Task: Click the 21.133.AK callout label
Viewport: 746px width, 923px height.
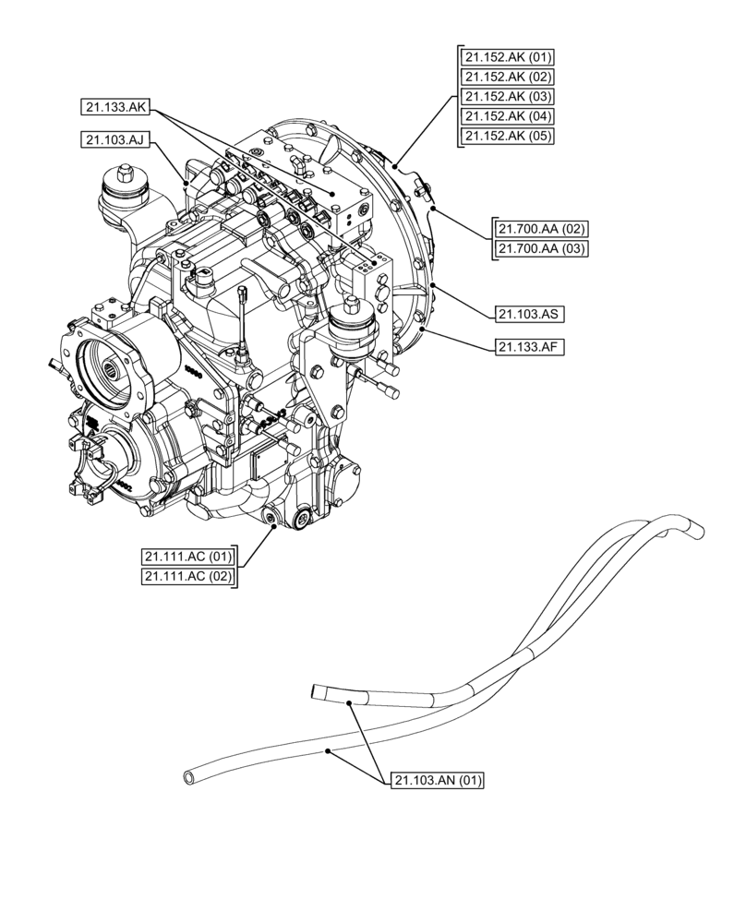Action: pyautogui.click(x=114, y=108)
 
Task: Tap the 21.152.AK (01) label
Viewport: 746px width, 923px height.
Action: pyautogui.click(x=509, y=57)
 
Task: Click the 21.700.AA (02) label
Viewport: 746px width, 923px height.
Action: pyautogui.click(x=543, y=228)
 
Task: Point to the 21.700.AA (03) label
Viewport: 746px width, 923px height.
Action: pyautogui.click(x=543, y=248)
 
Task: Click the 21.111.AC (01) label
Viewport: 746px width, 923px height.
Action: pyautogui.click(x=188, y=557)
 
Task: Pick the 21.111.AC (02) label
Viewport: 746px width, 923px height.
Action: pyautogui.click(x=188, y=577)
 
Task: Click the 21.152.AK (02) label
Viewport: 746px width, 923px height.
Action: pyautogui.click(x=509, y=78)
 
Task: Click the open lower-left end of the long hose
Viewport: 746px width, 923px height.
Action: pyautogui.click(x=190, y=777)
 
